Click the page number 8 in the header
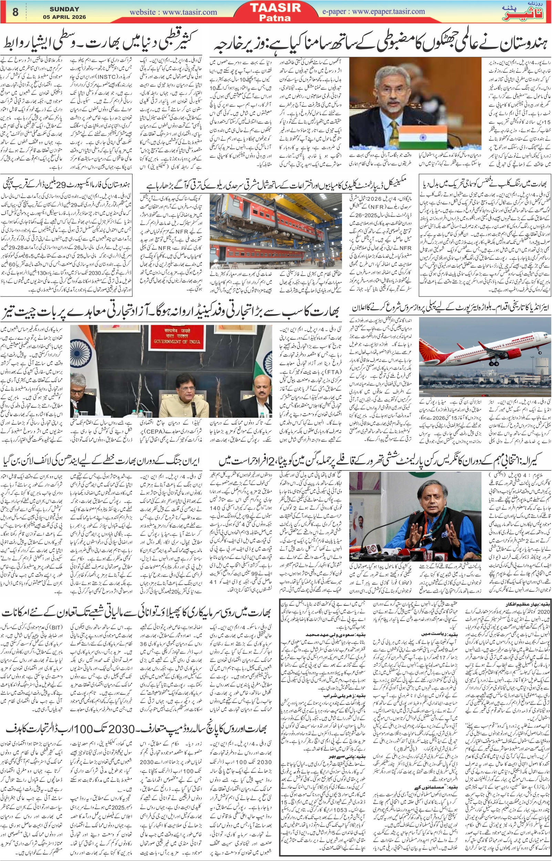(x=15, y=12)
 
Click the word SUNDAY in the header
(x=64, y=9)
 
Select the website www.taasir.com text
(x=173, y=12)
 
